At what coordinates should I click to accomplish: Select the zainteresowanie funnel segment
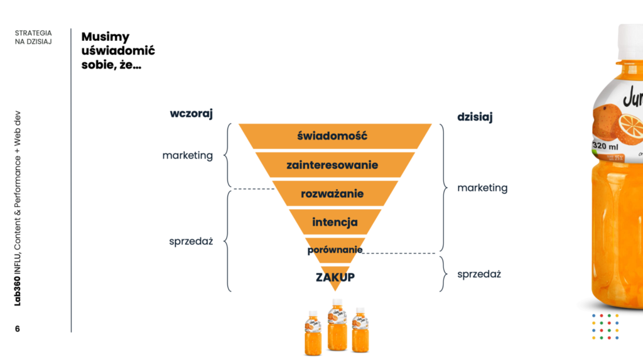(332, 165)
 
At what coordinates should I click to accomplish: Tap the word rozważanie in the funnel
(333, 194)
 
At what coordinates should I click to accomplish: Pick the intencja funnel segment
(335, 222)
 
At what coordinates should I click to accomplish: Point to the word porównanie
(335, 249)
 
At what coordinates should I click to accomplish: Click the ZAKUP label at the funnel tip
(335, 276)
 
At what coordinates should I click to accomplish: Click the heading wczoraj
(192, 114)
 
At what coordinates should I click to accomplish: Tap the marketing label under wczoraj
(187, 155)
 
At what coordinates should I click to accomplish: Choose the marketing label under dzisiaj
(482, 187)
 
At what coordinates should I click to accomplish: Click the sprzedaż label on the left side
(191, 241)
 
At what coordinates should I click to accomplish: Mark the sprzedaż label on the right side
(478, 274)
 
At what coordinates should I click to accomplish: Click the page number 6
(18, 329)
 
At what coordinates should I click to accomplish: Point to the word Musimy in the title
(105, 37)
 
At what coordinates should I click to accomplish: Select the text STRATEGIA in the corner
(33, 33)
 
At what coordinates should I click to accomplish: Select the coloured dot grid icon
(605, 327)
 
